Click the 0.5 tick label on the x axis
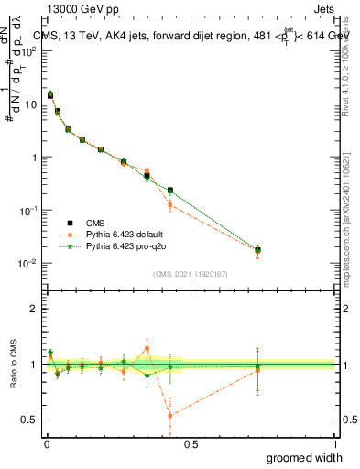pyautogui.click(x=191, y=443)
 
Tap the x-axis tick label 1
pyautogui.click(x=334, y=443)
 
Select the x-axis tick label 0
pyautogui.click(x=47, y=443)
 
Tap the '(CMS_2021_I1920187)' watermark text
pyautogui.click(x=191, y=273)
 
